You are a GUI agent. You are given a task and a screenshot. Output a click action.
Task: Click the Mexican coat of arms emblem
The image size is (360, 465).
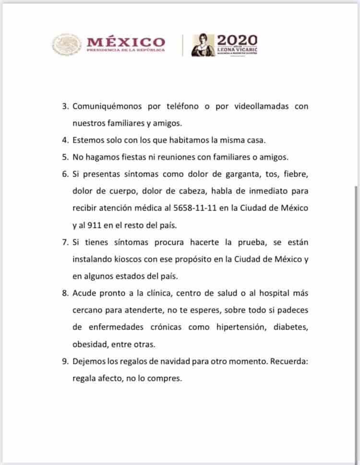[67, 44]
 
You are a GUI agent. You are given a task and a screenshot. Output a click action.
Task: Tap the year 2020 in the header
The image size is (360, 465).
[237, 39]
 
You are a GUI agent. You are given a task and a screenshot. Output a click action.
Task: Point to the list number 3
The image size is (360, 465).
[66, 107]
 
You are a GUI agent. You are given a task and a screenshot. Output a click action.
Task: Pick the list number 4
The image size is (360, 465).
[66, 140]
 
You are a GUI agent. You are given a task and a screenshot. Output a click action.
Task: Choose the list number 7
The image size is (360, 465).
[66, 242]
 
